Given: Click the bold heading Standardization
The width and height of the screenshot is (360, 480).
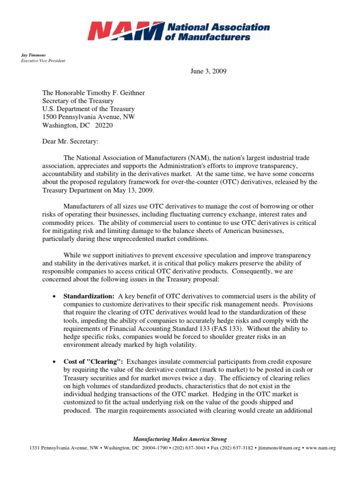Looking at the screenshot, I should point(89,296).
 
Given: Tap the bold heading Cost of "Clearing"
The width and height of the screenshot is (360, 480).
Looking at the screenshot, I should point(93,362).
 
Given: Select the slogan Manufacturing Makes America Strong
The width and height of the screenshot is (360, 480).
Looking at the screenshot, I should point(180,439).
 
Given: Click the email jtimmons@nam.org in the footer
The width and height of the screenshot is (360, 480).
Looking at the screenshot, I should point(277,448).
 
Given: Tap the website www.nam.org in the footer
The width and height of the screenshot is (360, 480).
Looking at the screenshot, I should point(321,448).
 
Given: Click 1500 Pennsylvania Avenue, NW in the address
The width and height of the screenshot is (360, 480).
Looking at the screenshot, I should point(89,117).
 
